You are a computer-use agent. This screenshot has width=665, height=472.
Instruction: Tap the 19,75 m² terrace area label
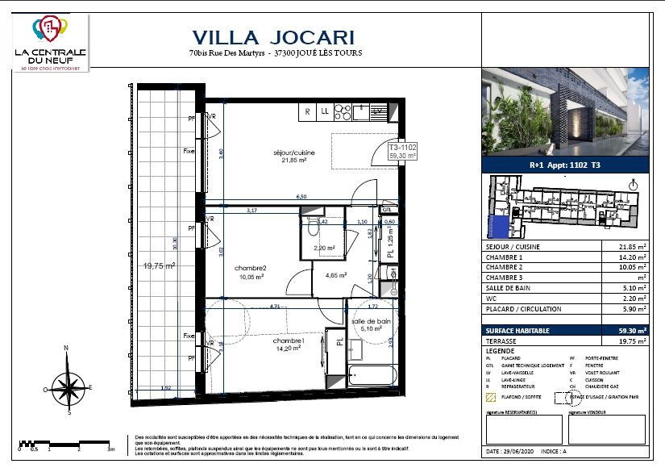(x=160, y=265)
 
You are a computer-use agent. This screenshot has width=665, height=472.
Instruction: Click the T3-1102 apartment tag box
(x=402, y=152)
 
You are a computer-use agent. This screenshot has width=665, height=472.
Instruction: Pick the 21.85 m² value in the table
(x=630, y=247)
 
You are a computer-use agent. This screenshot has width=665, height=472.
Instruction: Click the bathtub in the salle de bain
(x=372, y=376)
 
